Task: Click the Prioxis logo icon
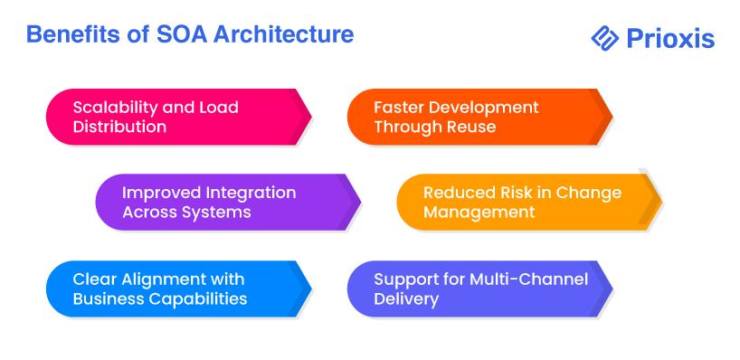[604, 38]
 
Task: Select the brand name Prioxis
[670, 38]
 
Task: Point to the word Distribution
[119, 127]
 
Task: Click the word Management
[479, 213]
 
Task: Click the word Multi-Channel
[528, 279]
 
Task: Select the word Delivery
[406, 298]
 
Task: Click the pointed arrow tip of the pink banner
[311, 117]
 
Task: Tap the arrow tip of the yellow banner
[661, 202]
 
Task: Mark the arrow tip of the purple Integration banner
[361, 202]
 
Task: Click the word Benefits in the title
[70, 35]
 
